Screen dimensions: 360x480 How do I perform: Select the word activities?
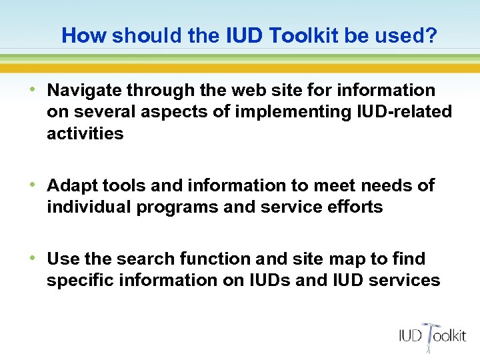(x=85, y=134)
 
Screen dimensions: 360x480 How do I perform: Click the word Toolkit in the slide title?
(x=308, y=35)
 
